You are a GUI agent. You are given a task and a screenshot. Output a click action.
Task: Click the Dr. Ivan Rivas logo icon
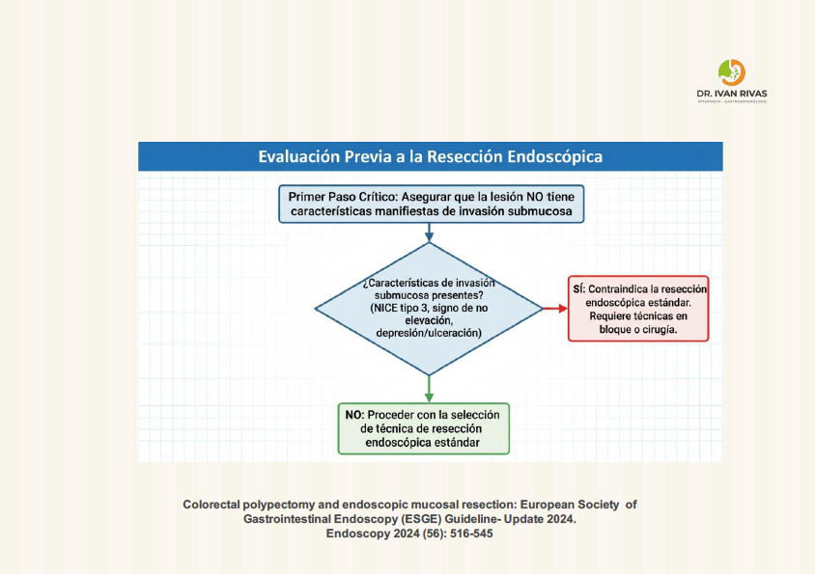(732, 72)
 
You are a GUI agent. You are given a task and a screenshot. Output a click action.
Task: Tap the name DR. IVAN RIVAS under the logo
(732, 95)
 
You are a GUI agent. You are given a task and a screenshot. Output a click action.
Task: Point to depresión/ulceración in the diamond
(429, 333)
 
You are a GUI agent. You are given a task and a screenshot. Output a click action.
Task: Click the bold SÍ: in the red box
(580, 289)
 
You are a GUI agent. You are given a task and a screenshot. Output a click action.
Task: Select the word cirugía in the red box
(658, 329)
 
